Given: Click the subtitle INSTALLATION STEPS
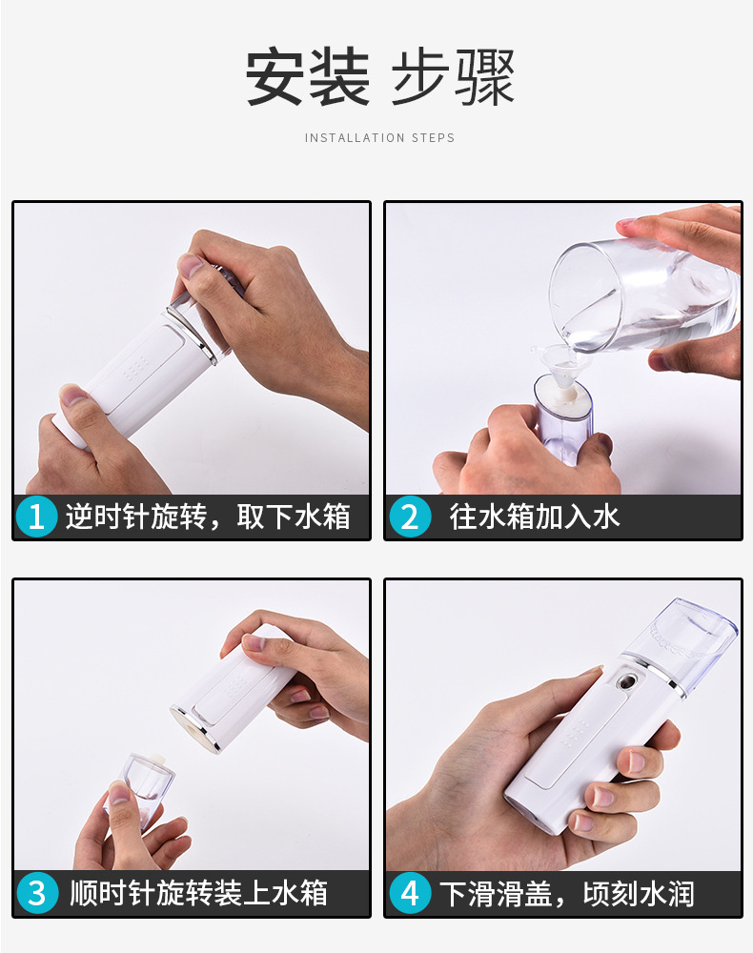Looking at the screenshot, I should (x=379, y=138).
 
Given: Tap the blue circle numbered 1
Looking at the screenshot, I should (x=36, y=517).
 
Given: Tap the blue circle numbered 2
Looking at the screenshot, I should (x=409, y=517).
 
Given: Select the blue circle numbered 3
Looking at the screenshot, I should (x=36, y=894).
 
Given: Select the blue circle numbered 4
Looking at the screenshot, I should (x=409, y=894).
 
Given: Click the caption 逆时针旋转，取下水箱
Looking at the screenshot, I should (x=208, y=517).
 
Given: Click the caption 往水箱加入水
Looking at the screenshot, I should (x=535, y=517).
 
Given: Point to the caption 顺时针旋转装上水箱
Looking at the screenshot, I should (x=198, y=894).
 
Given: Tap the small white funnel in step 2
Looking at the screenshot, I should (x=557, y=367).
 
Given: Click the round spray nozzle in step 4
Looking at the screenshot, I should (x=626, y=684).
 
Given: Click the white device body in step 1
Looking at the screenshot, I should (x=143, y=372).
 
